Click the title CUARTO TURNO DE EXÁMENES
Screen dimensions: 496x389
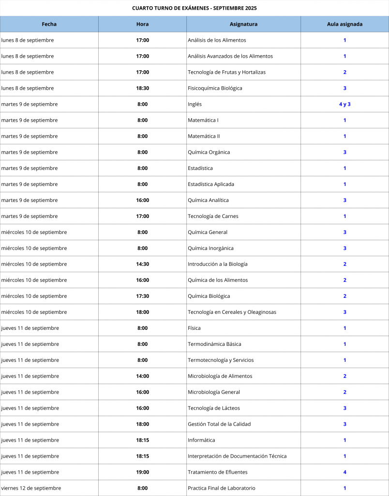194,8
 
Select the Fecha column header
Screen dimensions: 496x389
49,24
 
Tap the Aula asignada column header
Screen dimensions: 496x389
344,24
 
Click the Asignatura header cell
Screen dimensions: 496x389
243,24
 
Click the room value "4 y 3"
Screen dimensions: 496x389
344,104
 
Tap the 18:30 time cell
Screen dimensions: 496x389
142,88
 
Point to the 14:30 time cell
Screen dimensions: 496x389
142,264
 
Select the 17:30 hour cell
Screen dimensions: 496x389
142,296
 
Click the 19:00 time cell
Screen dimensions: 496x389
142,472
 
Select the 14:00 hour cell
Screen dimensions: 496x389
142,376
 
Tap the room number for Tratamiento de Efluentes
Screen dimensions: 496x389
344,472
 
